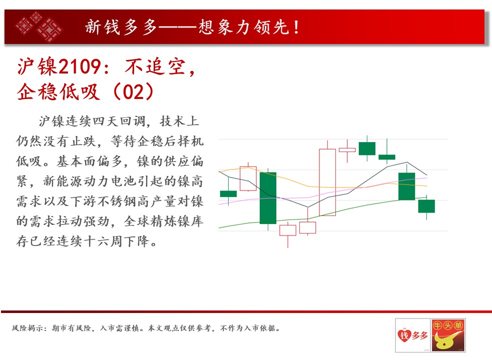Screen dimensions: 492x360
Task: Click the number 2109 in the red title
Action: coord(80,66)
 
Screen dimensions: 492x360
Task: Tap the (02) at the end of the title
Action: coord(134,92)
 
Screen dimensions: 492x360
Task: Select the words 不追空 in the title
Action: coord(155,66)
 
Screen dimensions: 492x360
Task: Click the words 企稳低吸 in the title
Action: coord(59,92)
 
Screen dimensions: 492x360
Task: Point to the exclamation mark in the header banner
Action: coord(296,27)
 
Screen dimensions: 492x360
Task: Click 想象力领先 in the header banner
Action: coord(243,27)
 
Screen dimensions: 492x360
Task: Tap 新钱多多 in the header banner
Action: coord(121,27)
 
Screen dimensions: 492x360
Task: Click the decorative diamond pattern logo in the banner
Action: coord(39,26)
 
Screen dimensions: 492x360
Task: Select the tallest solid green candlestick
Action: coord(268,198)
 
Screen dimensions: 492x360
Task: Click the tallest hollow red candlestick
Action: coord(327,182)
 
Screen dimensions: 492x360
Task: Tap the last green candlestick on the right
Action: coord(426,206)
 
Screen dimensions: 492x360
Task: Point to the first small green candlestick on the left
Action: coord(228,194)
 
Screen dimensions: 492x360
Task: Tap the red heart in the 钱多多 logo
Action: coord(404,335)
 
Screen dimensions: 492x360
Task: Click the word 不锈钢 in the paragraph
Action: coord(118,201)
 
